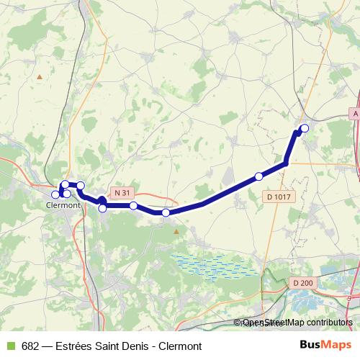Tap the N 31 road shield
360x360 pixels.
[122, 192]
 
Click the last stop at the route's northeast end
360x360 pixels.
[304, 128]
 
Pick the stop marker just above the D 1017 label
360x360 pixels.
[258, 176]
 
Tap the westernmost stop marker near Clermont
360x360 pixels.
[55, 194]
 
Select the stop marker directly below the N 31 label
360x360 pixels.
[133, 206]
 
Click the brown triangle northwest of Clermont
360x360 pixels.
[40, 76]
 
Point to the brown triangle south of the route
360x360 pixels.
[175, 230]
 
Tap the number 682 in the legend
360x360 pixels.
[30, 346]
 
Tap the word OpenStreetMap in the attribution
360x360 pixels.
[274, 323]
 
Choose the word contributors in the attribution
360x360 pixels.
[328, 323]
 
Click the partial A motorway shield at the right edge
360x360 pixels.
[355, 114]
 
